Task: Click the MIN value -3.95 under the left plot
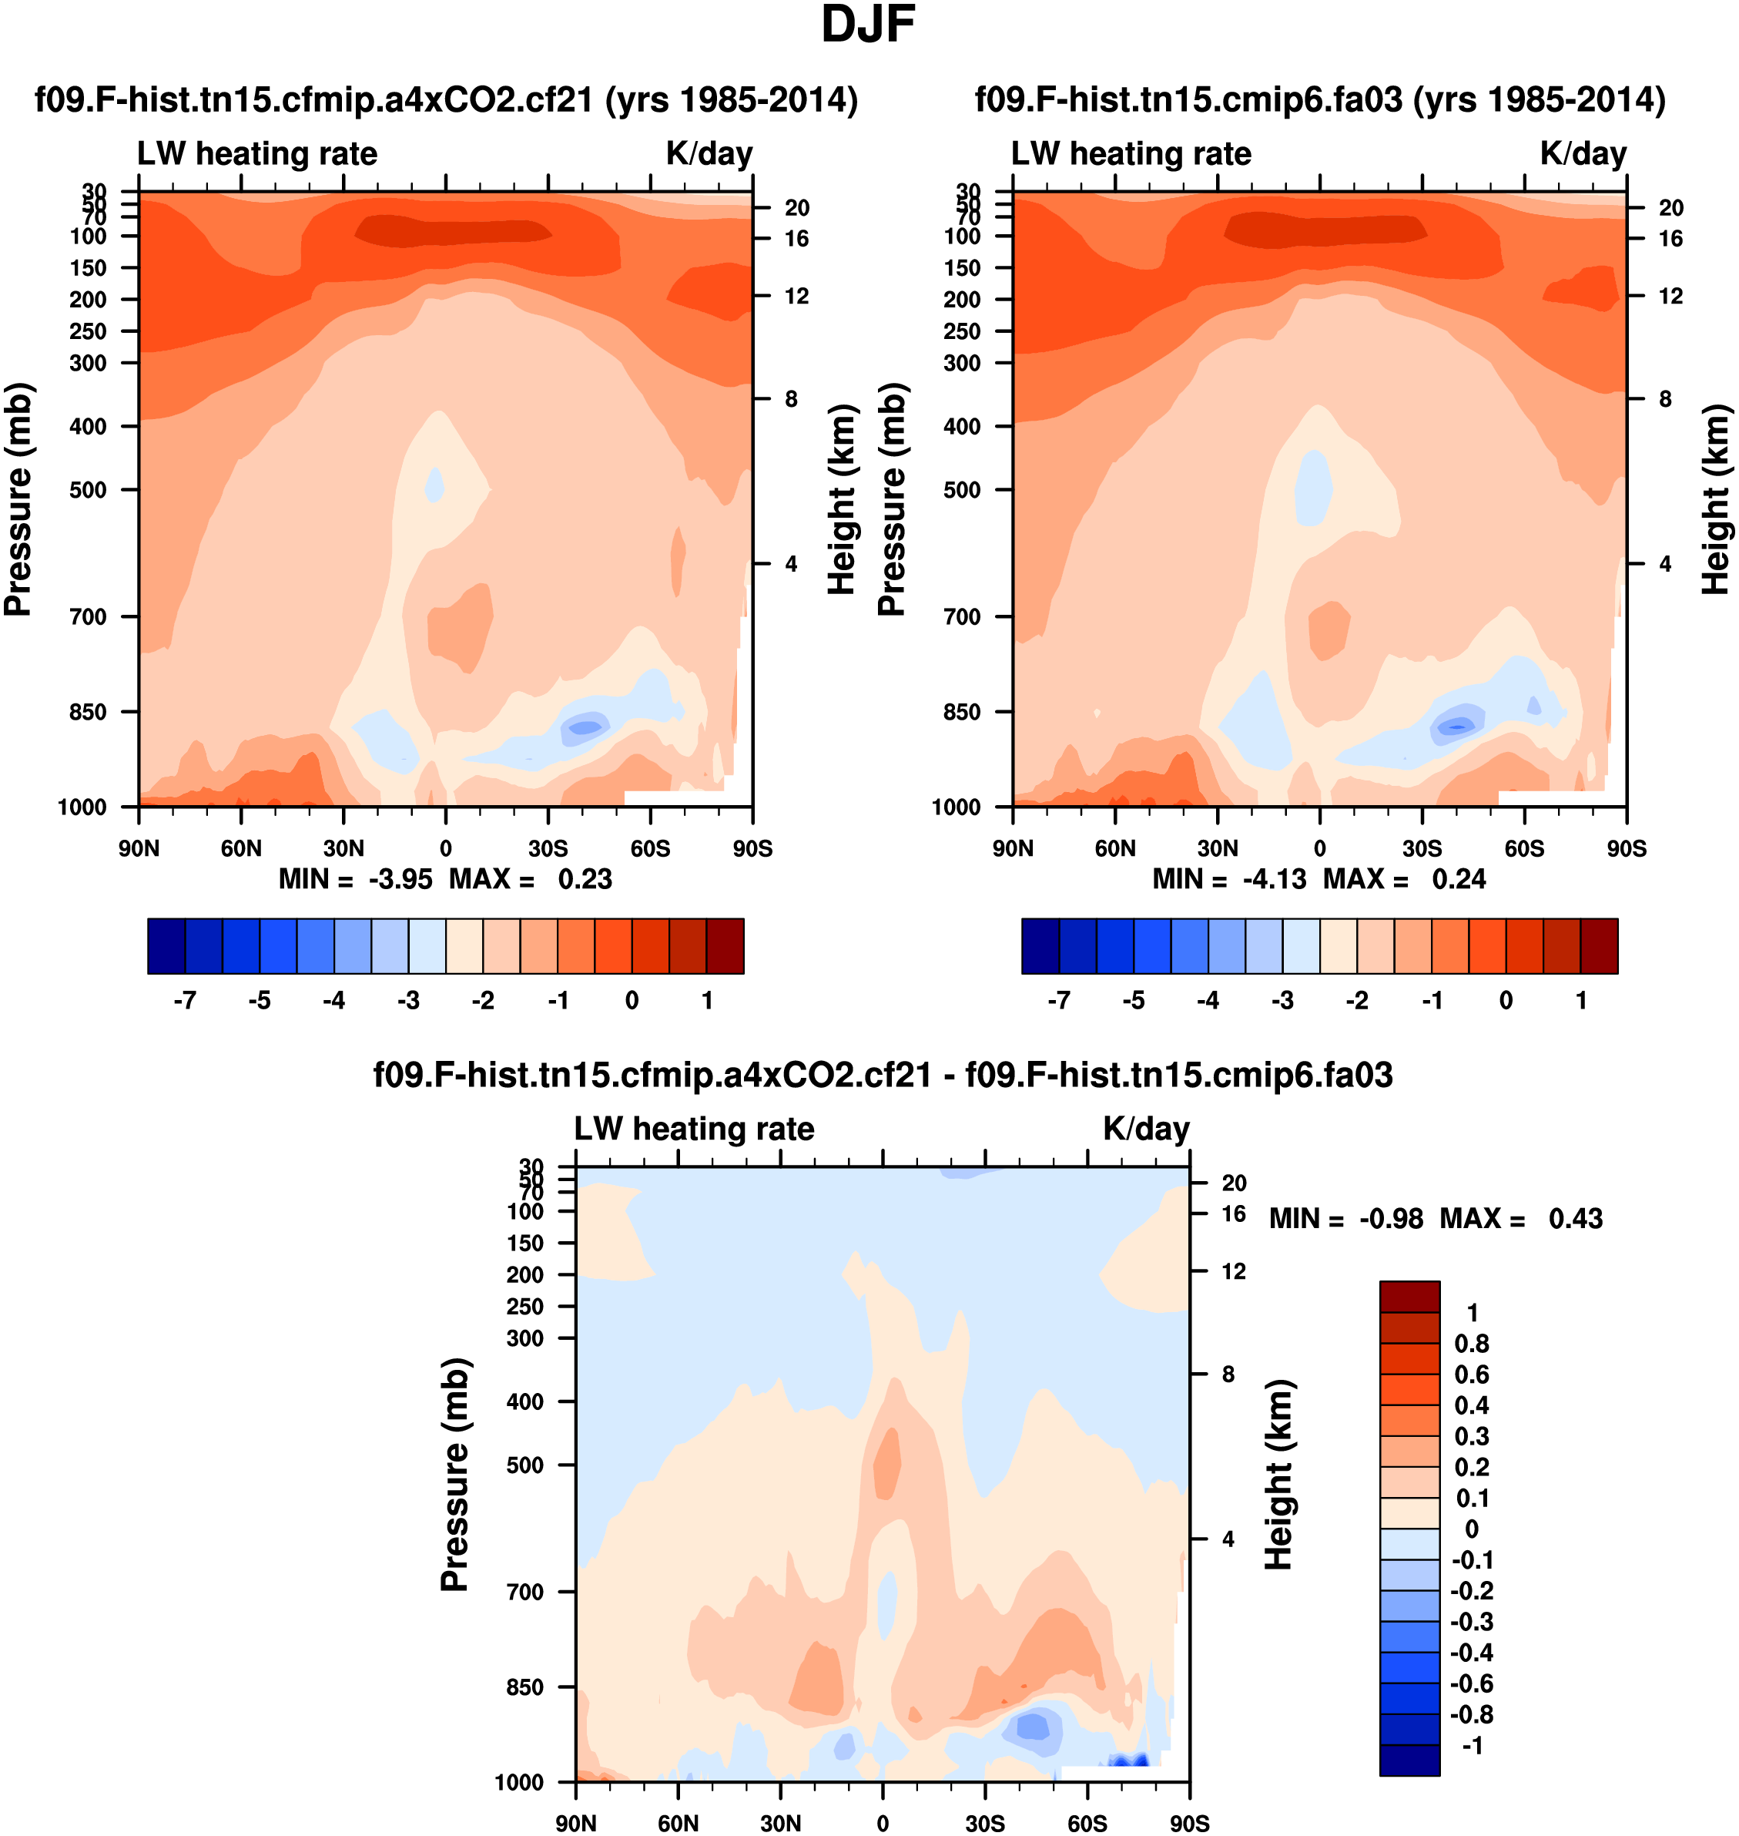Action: [400, 879]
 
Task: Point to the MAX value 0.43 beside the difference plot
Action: [1575, 1217]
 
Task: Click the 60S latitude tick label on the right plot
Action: [1524, 848]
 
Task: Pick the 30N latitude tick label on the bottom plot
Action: [780, 1823]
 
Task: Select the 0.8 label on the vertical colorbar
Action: [1471, 1344]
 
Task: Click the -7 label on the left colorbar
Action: [185, 1001]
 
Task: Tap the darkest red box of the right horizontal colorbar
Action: [1598, 946]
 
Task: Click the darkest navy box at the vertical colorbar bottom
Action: [1409, 1760]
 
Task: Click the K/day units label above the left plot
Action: [709, 154]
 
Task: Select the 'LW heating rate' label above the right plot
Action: [1131, 154]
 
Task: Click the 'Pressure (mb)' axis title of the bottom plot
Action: [455, 1475]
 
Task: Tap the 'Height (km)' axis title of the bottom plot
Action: [1278, 1475]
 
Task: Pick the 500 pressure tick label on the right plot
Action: [962, 489]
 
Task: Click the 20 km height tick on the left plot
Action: [796, 208]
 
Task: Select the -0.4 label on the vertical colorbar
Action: [1471, 1653]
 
